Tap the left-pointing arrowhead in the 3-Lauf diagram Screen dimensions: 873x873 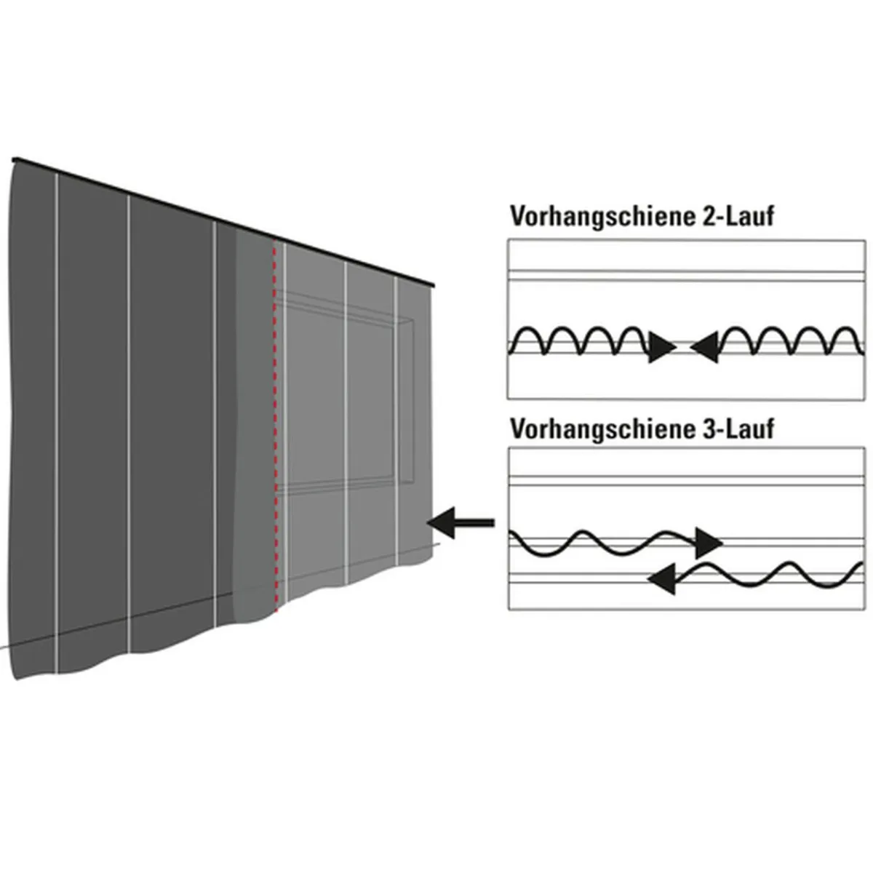[661, 580]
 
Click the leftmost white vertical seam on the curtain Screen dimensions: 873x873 [55, 422]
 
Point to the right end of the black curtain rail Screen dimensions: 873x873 [432, 284]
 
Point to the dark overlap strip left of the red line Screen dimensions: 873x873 [255, 422]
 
